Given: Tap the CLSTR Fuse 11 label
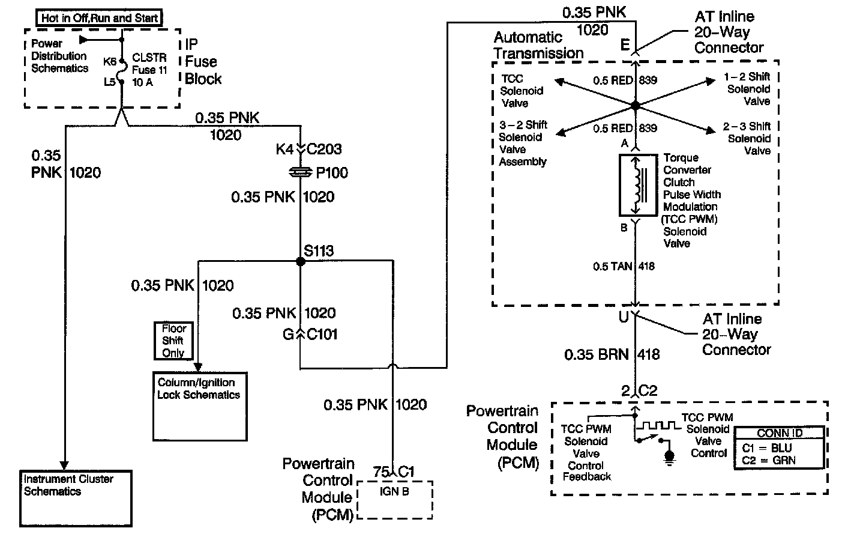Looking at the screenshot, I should [x=149, y=70].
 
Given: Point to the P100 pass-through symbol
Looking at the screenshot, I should [x=299, y=173].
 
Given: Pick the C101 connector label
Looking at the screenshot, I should [x=322, y=335].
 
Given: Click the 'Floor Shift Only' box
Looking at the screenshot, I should [x=173, y=341].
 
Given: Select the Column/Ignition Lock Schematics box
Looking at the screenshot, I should [x=199, y=407].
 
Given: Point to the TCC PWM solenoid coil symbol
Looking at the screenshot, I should [x=638, y=185].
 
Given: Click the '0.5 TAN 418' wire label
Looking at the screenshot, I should [x=623, y=267].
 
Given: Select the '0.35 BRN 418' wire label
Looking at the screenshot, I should [x=612, y=355].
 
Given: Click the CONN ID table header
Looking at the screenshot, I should [x=780, y=432].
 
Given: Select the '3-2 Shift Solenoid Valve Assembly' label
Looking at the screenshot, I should [x=523, y=143].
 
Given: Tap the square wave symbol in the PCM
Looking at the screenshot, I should [x=658, y=426].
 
